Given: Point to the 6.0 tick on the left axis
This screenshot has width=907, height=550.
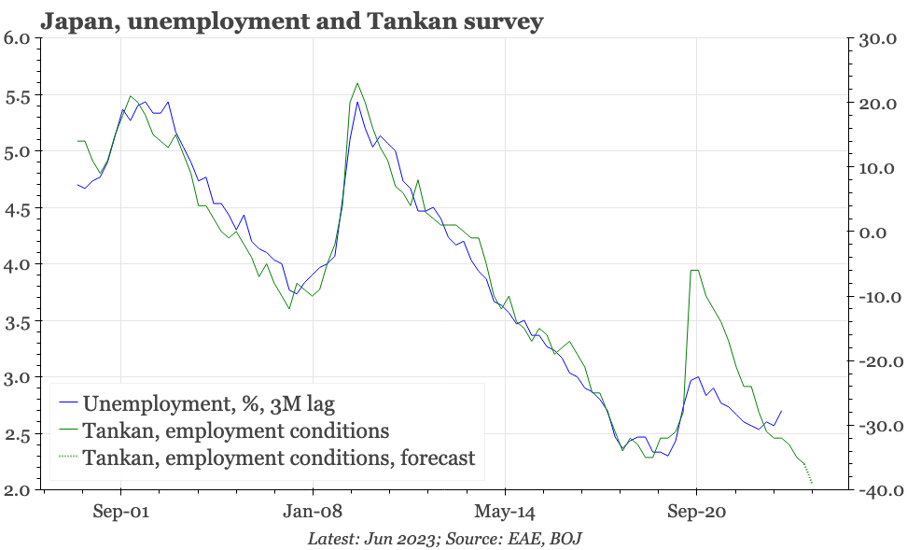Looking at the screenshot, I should tap(17, 38).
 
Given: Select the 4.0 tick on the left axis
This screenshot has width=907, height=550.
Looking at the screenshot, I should tap(17, 264).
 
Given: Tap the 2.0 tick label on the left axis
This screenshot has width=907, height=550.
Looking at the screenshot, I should tap(17, 490).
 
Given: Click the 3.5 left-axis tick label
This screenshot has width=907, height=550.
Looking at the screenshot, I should tap(17, 321).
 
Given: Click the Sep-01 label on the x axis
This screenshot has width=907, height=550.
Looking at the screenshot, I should tap(120, 513).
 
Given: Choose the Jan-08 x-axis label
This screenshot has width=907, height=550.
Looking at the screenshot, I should tap(313, 513).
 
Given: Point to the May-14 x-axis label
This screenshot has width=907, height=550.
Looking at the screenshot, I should tap(504, 513).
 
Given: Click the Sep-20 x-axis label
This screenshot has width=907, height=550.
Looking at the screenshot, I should tap(696, 513).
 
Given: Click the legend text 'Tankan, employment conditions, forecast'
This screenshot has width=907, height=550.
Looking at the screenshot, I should tap(279, 458).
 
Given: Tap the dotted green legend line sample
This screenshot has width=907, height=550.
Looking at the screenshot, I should tap(67, 458).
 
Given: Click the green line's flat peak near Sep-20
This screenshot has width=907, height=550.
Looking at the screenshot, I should tap(694, 271).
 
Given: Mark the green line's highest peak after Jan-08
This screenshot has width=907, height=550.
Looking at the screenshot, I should tap(357, 83).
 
